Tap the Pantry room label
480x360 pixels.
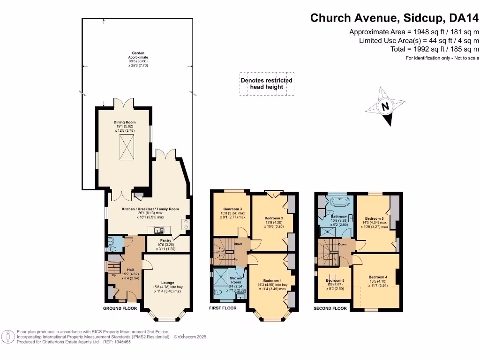(166, 240)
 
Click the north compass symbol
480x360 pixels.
(386, 106)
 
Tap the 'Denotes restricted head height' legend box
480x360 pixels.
(266, 83)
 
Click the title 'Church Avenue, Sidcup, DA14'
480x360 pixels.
(395, 18)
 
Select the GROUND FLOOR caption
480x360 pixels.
(120, 308)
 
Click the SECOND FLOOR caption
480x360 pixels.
(330, 308)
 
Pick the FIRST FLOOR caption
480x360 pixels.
(223, 308)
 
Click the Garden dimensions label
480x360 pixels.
(138, 60)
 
